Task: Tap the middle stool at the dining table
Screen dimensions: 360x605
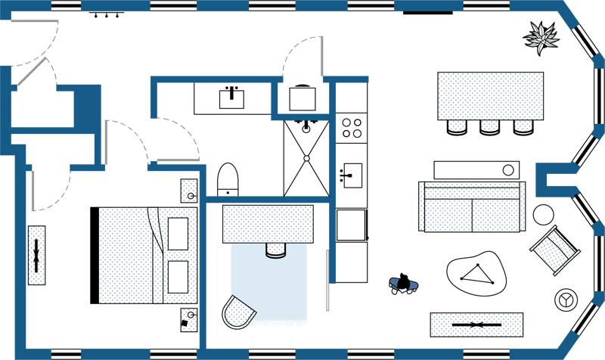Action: pos(489,127)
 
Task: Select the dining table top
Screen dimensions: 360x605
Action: pos(490,95)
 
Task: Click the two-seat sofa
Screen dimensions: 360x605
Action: pos(472,206)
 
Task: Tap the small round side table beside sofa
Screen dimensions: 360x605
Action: pos(543,215)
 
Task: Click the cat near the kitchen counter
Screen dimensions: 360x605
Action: pos(404,283)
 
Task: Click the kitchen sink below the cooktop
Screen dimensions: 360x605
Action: pos(352,174)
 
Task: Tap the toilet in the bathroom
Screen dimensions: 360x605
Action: pos(228,179)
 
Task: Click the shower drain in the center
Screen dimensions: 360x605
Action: pos(306,158)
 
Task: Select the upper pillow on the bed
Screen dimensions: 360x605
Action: pos(178,233)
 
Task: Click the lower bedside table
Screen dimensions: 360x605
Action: pos(188,318)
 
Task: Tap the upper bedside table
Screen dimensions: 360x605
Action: pos(188,191)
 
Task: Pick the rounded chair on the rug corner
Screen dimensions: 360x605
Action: pos(237,312)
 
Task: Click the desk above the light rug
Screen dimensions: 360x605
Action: pos(268,224)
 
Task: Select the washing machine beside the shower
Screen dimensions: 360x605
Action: pos(302,98)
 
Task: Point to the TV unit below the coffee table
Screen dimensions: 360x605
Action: pos(476,324)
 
